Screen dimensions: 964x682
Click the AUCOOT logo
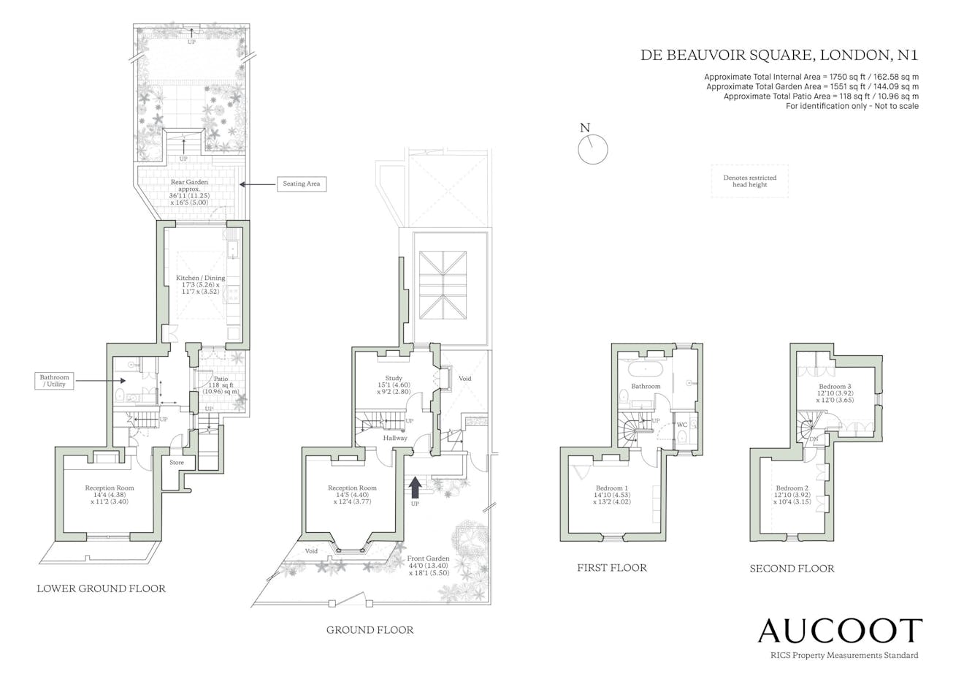coord(840,631)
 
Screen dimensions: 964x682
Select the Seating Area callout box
coord(301,184)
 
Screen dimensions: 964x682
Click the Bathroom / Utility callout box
coord(54,381)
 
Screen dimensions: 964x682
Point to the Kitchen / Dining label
coord(201,278)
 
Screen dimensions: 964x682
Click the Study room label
coord(394,378)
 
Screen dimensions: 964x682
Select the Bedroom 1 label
coord(612,488)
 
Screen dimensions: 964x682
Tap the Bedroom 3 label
coord(835,386)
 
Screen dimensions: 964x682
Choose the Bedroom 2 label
coord(792,488)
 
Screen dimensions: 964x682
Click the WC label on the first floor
coord(681,425)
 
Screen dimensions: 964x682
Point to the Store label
coord(177,462)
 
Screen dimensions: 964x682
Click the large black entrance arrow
coord(415,488)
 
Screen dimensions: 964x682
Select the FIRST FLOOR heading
coord(612,568)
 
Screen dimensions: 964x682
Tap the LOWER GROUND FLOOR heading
coord(101,588)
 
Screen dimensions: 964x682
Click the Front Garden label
coord(428,558)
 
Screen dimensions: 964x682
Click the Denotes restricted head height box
coord(750,181)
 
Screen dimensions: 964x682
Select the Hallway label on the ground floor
coord(395,438)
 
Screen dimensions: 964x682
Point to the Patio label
coord(221,379)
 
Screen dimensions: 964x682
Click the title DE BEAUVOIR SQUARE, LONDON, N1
coord(779,55)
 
